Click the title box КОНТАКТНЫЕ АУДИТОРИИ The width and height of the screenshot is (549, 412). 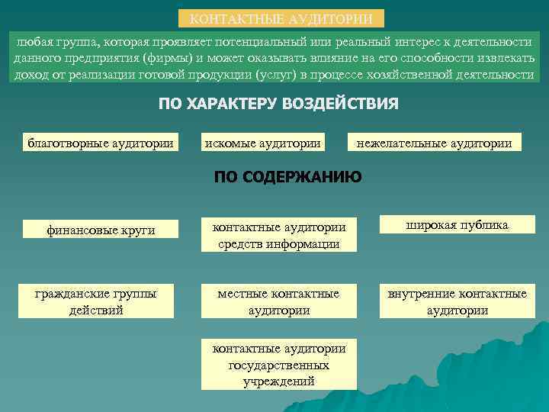point(281,18)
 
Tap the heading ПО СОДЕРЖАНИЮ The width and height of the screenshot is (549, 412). point(287,178)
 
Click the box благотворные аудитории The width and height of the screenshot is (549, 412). point(101,142)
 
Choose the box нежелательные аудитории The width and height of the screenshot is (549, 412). point(434,142)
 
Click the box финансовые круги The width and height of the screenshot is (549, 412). point(101,228)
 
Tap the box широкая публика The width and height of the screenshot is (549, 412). point(457,225)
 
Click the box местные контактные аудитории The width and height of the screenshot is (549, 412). point(279,301)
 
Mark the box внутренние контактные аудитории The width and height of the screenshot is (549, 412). point(457,301)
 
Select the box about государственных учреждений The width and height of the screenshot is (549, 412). point(279,365)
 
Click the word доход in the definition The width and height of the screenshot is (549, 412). point(30,75)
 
